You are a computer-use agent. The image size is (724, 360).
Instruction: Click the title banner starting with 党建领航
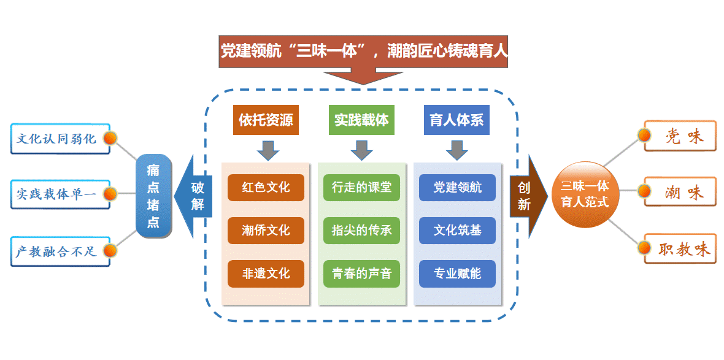pos(364,51)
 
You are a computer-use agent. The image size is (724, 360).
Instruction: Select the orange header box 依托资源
pos(266,120)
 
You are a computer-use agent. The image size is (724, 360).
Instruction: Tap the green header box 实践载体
pos(361,120)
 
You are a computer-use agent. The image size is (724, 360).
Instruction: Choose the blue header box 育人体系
pos(456,120)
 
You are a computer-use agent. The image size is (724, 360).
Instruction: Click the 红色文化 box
pos(266,188)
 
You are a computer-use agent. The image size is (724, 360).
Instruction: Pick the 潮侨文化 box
pos(266,231)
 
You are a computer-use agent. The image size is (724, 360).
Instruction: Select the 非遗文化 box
pos(266,274)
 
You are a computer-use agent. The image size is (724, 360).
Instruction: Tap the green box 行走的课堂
pos(361,188)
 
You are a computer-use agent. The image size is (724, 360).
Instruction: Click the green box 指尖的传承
pos(361,231)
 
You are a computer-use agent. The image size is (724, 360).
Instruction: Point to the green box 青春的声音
pos(361,274)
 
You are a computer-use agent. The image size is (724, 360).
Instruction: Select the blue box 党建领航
pos(457,188)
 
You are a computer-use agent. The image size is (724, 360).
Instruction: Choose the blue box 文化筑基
pos(457,231)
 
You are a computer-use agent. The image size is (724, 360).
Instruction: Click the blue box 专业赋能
pos(457,274)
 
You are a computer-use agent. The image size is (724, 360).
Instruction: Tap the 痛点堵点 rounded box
pos(153,196)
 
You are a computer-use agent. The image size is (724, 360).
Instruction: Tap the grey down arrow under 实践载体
pos(361,150)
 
